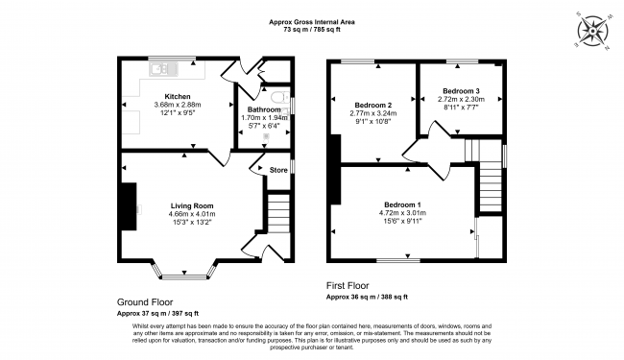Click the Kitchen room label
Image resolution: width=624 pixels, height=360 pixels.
tap(178, 96)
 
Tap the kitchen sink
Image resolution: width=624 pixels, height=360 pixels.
tap(163, 70)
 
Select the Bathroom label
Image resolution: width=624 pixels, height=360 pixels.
tap(264, 109)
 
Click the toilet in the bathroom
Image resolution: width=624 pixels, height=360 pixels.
tap(280, 97)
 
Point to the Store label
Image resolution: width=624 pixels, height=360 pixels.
tap(278, 170)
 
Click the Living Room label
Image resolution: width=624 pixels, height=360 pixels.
tap(192, 205)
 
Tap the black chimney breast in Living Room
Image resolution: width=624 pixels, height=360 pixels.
tap(129, 206)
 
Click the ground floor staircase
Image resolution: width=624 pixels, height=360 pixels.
tap(278, 213)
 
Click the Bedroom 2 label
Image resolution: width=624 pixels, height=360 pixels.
tap(372, 105)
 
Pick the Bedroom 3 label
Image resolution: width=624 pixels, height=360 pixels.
tap(461, 90)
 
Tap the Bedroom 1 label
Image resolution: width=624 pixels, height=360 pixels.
tap(402, 204)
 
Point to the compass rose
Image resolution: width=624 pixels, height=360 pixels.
tap(593, 32)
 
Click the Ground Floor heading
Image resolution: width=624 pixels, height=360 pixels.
tap(145, 302)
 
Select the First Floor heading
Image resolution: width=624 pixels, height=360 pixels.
tap(348, 285)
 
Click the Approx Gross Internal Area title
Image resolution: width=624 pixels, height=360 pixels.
tap(312, 22)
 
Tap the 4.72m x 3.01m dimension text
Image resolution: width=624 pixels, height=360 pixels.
tap(402, 213)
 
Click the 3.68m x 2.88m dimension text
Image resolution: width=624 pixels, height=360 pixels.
tap(178, 105)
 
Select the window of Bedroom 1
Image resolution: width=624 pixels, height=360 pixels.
tap(398, 260)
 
